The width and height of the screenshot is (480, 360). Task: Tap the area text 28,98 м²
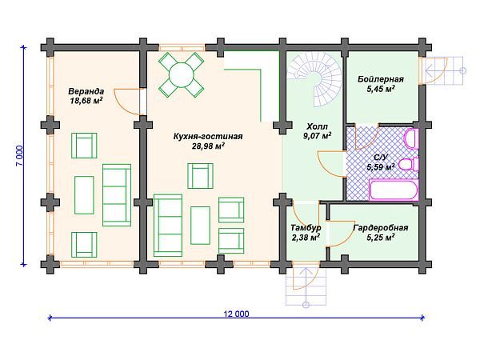tap(207, 147)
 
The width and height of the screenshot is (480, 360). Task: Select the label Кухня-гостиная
tap(207, 137)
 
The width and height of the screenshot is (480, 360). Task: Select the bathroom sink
tap(411, 138)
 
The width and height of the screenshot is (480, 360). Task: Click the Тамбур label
tap(305, 228)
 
